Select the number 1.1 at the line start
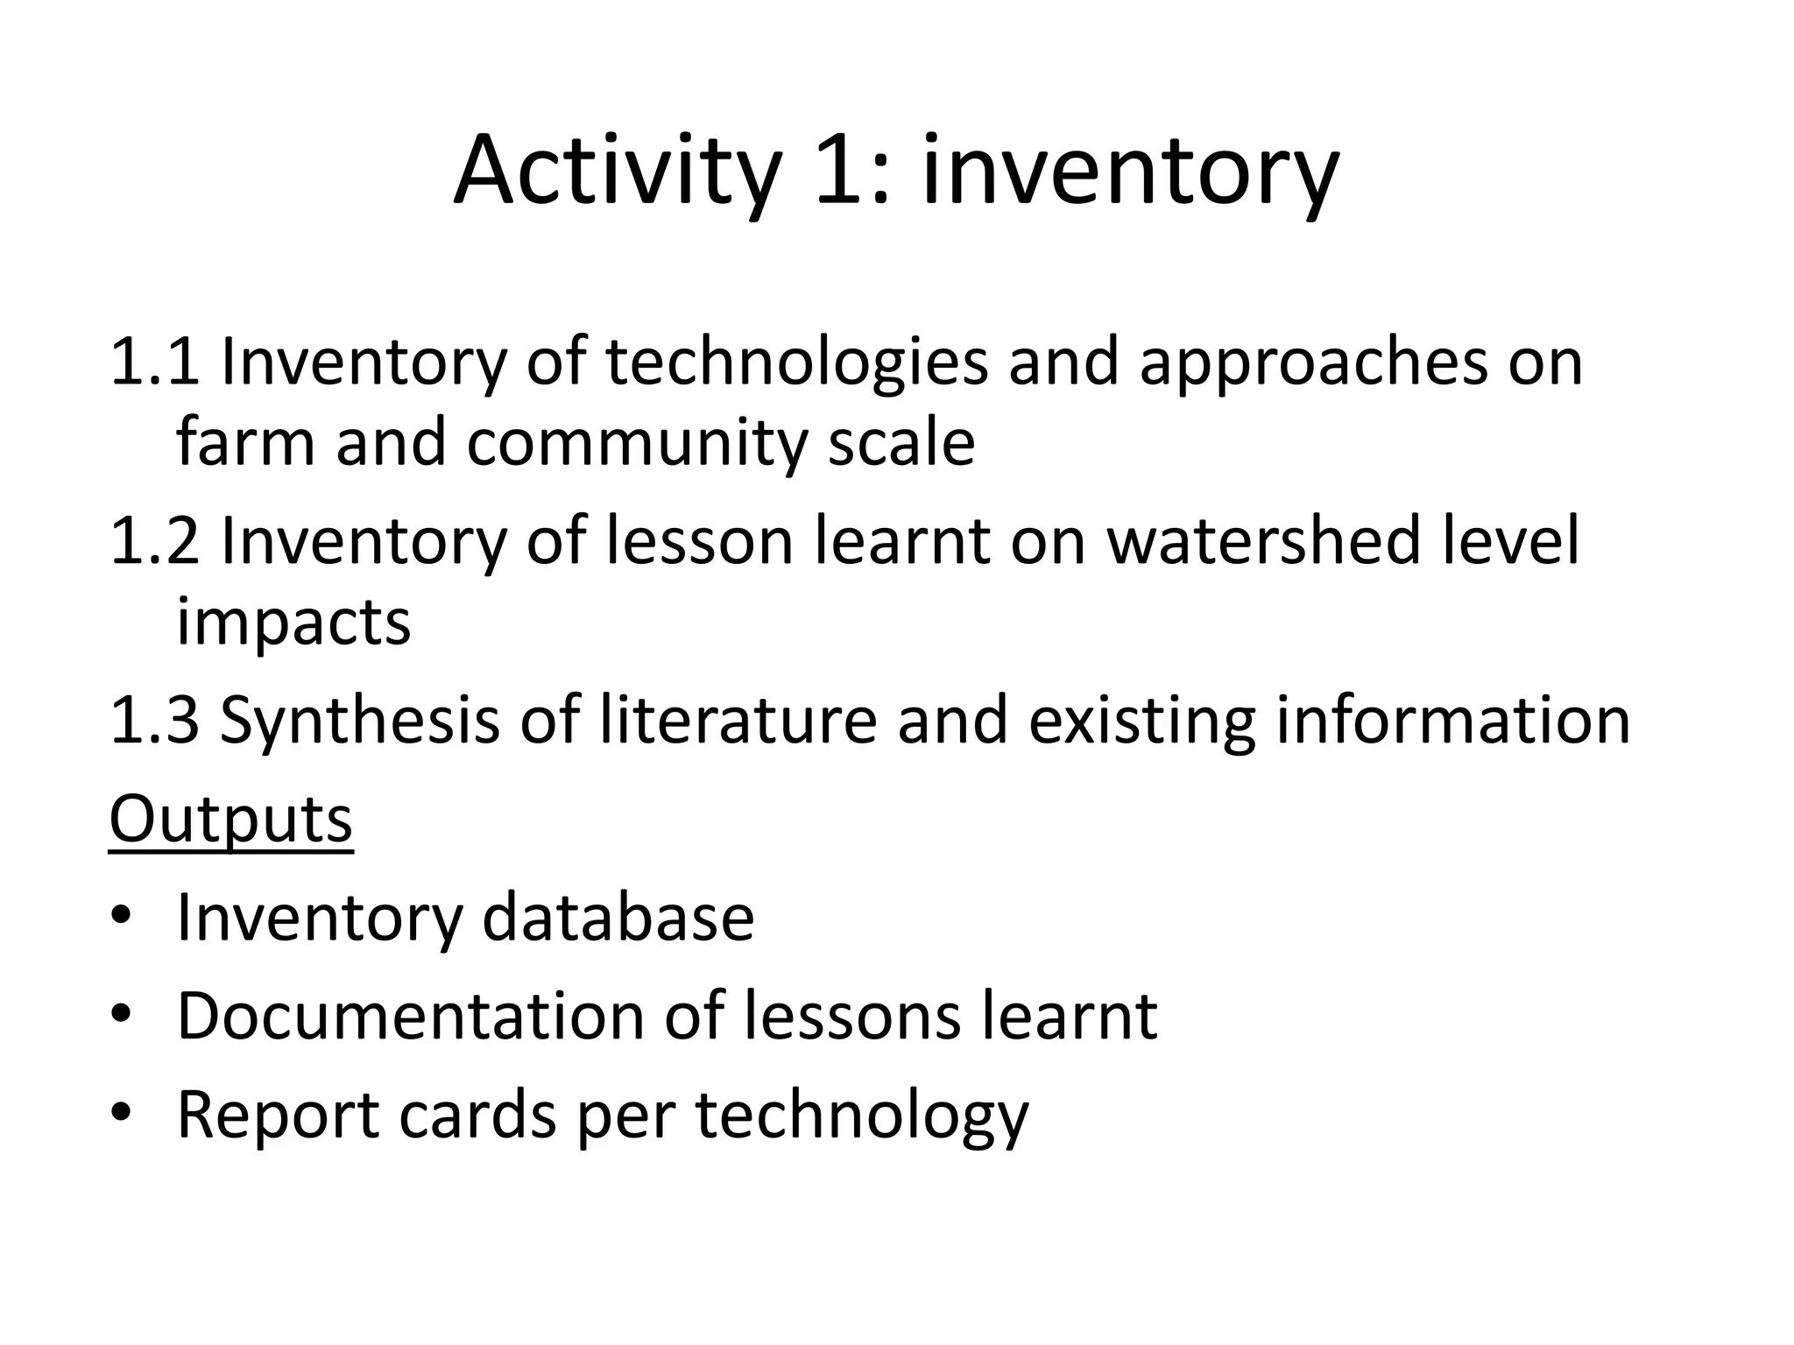(154, 361)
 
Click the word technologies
(796, 361)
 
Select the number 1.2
(154, 540)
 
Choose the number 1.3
(154, 720)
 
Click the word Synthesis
(359, 720)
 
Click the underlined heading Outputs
(230, 820)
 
